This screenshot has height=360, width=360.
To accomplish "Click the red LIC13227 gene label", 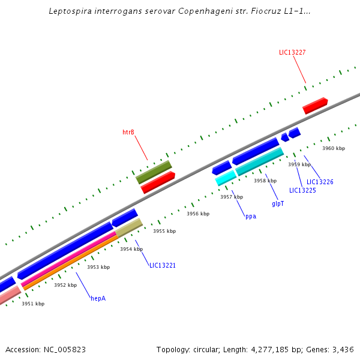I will (x=292, y=52).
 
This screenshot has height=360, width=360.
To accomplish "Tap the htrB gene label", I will (x=128, y=132).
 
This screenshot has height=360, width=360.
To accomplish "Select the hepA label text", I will (x=98, y=298).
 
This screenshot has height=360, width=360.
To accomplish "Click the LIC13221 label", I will (x=162, y=265).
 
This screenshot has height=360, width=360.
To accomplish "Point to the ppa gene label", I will (x=250, y=216).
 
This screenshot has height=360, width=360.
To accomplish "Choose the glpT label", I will (x=278, y=204).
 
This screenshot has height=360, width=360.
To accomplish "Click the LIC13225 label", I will (x=302, y=190).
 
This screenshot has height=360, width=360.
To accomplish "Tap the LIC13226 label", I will (x=320, y=182).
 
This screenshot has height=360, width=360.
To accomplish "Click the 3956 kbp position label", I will (x=198, y=214).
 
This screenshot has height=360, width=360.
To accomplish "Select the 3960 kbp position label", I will (x=334, y=148).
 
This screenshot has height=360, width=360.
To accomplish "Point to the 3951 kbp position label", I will (x=33, y=304).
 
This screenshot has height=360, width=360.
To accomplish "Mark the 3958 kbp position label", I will (x=265, y=181).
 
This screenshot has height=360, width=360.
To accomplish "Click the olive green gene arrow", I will (x=154, y=172).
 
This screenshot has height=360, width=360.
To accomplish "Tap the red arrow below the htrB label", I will (x=158, y=182).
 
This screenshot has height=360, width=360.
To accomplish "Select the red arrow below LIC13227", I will (x=315, y=106).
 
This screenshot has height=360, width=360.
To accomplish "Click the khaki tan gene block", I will (x=129, y=228).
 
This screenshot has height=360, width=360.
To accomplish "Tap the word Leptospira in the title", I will (x=71, y=11).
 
